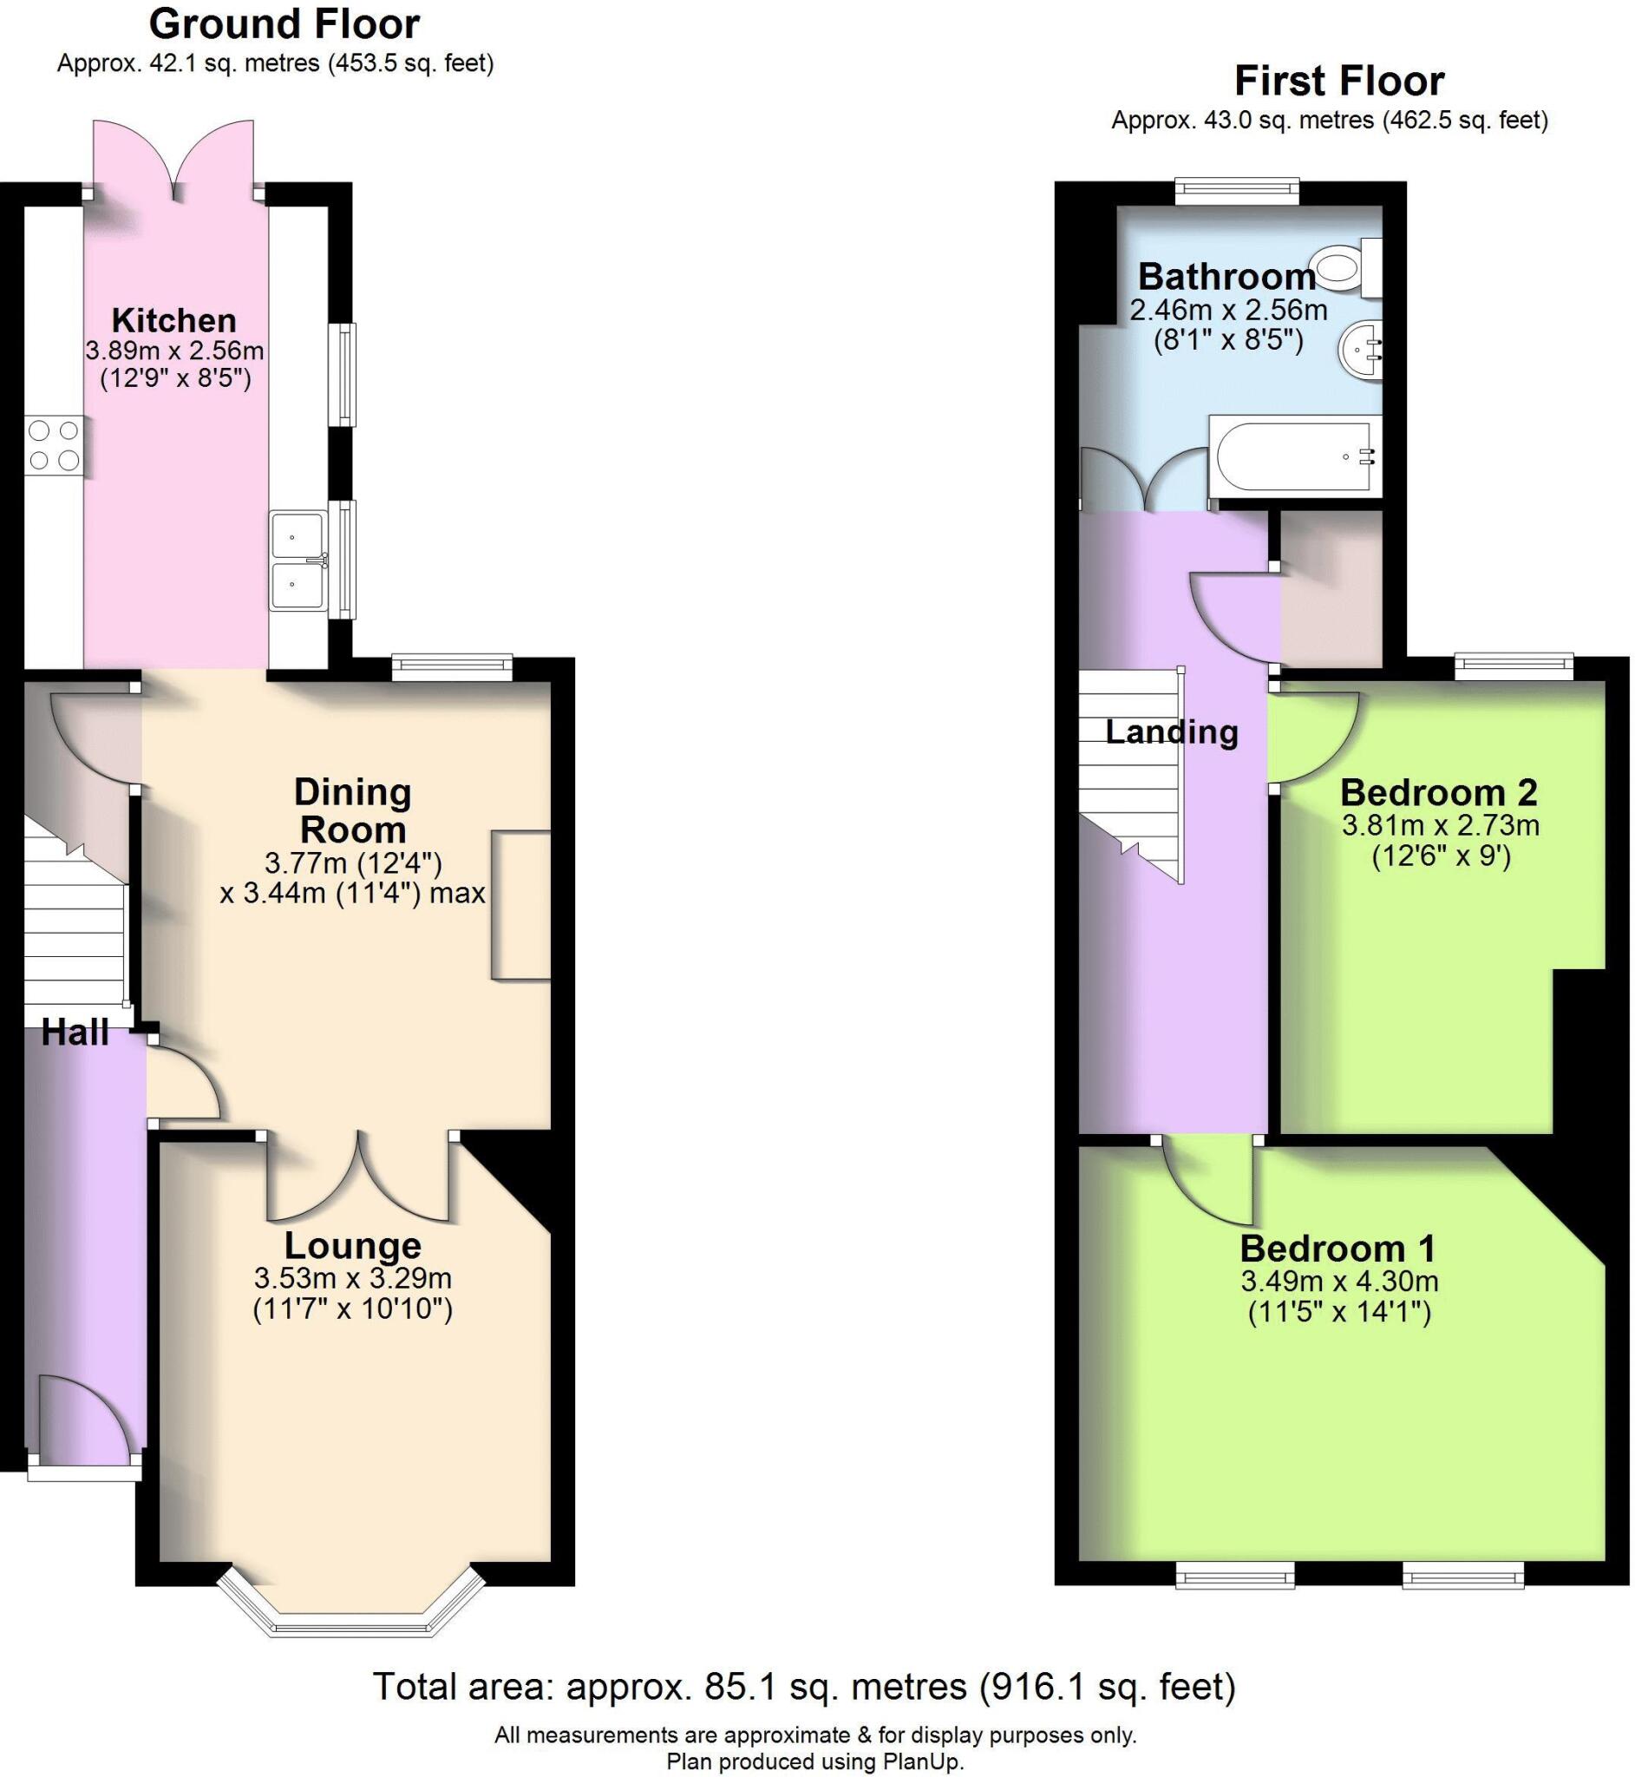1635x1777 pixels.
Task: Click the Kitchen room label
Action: [174, 319]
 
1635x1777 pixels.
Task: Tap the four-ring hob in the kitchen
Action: [54, 444]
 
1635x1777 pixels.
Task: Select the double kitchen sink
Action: [299, 561]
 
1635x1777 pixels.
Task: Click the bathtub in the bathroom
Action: [1293, 456]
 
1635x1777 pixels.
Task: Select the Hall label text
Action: [75, 1032]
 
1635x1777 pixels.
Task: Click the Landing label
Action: [1172, 731]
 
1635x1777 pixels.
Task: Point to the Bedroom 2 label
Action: [1439, 792]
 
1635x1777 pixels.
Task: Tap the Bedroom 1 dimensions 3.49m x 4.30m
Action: [1339, 1281]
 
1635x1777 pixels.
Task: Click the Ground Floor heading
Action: [284, 24]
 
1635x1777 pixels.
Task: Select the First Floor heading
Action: [1338, 82]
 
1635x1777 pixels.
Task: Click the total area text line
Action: [803, 1686]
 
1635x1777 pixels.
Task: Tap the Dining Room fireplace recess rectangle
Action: [522, 904]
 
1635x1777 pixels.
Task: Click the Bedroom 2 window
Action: [1514, 666]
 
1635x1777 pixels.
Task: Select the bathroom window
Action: [1236, 191]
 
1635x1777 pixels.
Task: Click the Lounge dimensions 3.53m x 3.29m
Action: [352, 1278]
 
